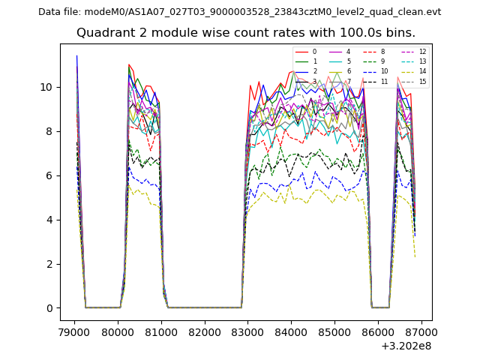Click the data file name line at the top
tap(239, 12)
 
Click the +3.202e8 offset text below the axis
tap(406, 346)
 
